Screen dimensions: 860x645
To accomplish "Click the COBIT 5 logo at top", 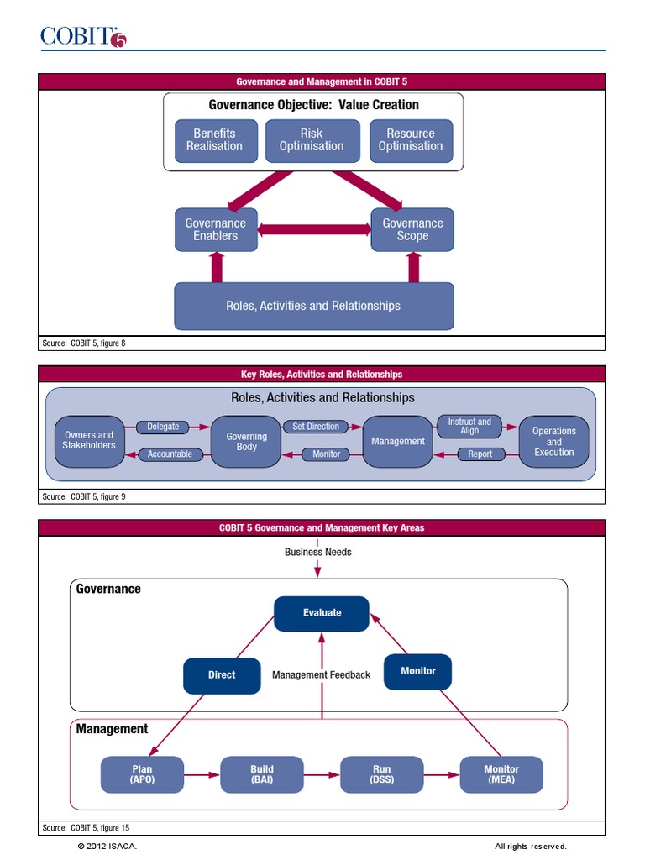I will (83, 37).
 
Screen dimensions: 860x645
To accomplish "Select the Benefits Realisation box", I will (214, 140).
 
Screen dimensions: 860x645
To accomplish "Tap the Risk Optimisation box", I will (312, 140).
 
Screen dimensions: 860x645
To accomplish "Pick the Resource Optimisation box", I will (411, 140).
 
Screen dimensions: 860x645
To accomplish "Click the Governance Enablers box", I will (216, 229).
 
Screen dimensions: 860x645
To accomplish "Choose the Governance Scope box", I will (412, 229).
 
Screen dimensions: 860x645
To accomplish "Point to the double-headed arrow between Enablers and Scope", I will (314, 229).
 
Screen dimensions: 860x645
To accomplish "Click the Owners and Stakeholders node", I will (88, 441).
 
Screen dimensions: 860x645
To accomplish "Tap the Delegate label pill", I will (163, 427).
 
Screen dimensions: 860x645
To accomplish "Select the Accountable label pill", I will (170, 454).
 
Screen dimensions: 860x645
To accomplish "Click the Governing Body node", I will (246, 442).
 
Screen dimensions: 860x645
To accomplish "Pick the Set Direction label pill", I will (316, 427).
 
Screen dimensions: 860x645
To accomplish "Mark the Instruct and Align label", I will (469, 427).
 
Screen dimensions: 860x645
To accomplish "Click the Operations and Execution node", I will (554, 442).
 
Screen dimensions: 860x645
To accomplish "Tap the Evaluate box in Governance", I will (322, 613).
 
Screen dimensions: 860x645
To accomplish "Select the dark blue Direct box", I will (222, 674).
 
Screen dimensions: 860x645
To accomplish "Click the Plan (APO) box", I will (142, 774).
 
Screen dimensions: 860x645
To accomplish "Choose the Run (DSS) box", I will (381, 774).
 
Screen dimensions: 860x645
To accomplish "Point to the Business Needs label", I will (317, 552).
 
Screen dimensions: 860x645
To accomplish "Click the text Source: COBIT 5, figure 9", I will (84, 497).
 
